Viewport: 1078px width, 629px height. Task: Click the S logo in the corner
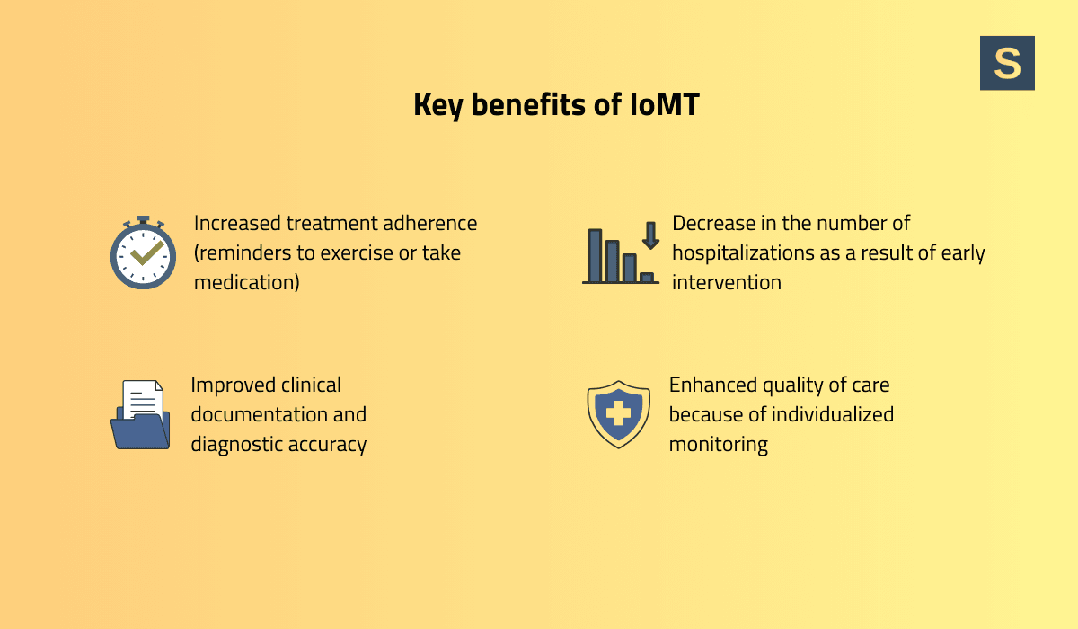pyautogui.click(x=1007, y=63)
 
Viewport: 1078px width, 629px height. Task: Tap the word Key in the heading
pyautogui.click(x=438, y=106)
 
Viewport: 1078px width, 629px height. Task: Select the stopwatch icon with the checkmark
pyautogui.click(x=143, y=253)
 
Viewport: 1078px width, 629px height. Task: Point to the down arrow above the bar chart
pyautogui.click(x=650, y=235)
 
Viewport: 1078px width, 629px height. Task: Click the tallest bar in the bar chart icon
pyautogui.click(x=595, y=255)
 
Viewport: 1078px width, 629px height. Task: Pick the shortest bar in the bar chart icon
pyautogui.click(x=647, y=278)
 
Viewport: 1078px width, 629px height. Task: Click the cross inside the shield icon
pyautogui.click(x=618, y=414)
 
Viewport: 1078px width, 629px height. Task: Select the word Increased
pyautogui.click(x=237, y=223)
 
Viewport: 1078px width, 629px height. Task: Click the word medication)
pyautogui.click(x=246, y=282)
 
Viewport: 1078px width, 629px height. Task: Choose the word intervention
pyautogui.click(x=726, y=282)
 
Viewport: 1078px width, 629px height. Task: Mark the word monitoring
pyautogui.click(x=718, y=444)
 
